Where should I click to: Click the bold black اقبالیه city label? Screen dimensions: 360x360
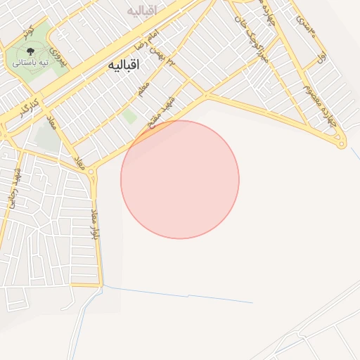pos(124,65)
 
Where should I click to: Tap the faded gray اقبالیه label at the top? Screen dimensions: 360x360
pos(142,11)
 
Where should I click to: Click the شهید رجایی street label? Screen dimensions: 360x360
pos(13,190)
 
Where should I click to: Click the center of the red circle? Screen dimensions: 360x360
pos(180,179)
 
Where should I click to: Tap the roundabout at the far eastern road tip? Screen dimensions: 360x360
pos(342,145)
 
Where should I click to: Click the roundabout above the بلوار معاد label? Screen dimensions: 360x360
pos(94,172)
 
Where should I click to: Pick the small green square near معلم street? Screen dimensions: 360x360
pos(129,117)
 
